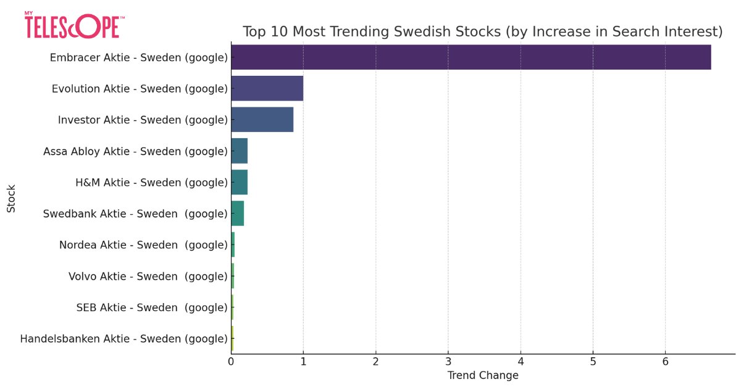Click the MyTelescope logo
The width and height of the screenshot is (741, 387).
74,25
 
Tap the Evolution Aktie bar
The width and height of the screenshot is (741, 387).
267,89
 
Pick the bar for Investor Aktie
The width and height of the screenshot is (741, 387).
262,120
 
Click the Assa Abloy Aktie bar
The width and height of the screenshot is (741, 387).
239,151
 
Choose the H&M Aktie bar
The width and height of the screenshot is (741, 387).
239,183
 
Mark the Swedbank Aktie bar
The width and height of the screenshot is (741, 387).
237,214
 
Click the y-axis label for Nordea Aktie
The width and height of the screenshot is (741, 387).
143,245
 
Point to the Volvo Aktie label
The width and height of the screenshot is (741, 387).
148,277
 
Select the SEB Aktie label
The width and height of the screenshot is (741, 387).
152,307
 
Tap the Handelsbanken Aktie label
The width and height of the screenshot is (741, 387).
124,339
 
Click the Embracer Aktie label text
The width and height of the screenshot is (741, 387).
138,57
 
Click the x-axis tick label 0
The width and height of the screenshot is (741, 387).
231,362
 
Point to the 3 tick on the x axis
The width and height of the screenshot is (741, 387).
448,362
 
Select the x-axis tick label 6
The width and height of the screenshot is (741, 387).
665,362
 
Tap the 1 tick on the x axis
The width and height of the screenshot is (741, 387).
303,362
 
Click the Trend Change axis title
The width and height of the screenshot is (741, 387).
482,375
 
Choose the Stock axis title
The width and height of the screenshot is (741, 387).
11,198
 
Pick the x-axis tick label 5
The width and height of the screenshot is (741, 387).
593,362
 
